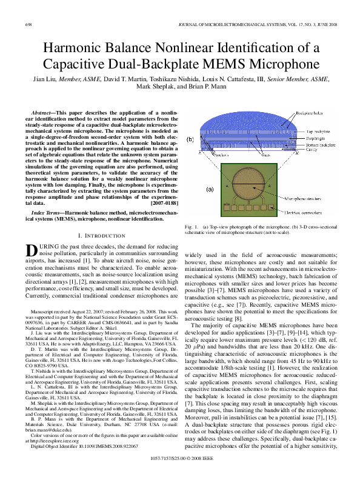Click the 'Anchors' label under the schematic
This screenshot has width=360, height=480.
click(219, 156)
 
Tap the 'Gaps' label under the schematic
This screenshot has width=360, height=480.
click(265, 156)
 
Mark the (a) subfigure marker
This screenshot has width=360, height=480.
click(210, 189)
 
